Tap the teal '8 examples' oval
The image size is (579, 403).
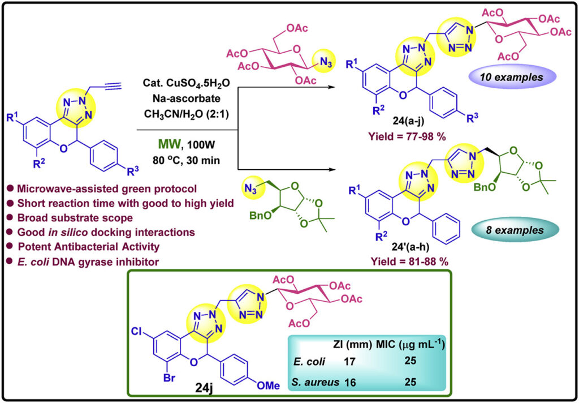[507, 231]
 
